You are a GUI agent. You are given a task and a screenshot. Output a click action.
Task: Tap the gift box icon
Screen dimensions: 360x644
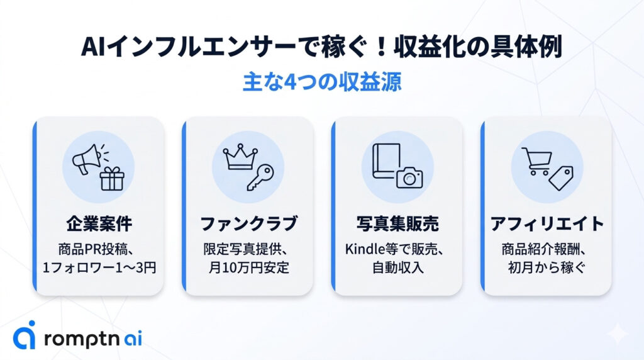(112, 179)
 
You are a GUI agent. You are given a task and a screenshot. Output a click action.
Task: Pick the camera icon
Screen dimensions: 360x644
(409, 177)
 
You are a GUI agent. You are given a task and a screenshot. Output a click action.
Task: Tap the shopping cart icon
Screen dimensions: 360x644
(536, 161)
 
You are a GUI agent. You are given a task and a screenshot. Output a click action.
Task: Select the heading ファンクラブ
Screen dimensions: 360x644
(248, 224)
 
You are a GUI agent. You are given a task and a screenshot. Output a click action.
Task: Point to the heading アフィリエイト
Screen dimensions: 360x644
(547, 224)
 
